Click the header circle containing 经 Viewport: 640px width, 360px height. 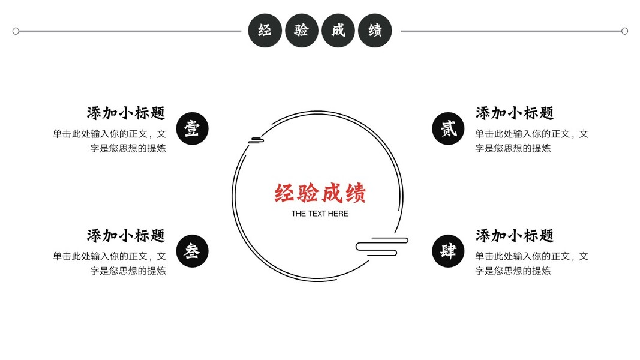(x=265, y=31)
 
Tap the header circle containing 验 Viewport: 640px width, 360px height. (x=302, y=31)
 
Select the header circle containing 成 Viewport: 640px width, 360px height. (x=338, y=31)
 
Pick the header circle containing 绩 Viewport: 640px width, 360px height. (x=375, y=31)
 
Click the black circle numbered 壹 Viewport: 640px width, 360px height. (x=192, y=129)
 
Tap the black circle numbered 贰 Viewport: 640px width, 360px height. (x=448, y=129)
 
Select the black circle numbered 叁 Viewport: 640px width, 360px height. (x=192, y=251)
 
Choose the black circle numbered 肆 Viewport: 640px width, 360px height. (x=448, y=251)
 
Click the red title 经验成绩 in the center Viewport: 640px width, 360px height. (x=320, y=194)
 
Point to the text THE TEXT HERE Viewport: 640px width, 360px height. (x=320, y=214)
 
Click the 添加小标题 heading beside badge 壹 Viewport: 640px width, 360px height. (x=126, y=113)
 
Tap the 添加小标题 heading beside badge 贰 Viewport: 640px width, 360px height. (x=515, y=113)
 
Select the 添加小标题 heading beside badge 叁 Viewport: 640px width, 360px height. (x=126, y=235)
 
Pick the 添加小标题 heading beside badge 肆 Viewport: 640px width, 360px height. (x=515, y=235)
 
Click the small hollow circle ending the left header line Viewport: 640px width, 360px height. (x=16, y=31)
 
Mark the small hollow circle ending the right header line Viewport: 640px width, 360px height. (x=624, y=31)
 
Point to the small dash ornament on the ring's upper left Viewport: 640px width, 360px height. (x=257, y=140)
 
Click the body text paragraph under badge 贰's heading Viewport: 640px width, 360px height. (x=531, y=141)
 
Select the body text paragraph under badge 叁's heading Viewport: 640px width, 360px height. (x=109, y=263)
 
